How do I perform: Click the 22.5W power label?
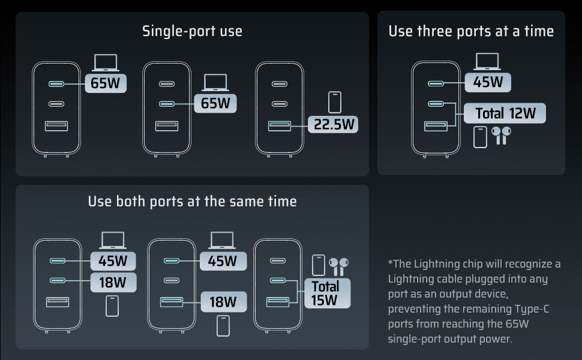point(333,124)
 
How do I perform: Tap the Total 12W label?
point(505,113)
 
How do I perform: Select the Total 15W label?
point(327,293)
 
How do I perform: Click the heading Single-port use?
point(192,31)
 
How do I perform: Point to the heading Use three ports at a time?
point(471,31)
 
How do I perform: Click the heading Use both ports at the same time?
point(192,202)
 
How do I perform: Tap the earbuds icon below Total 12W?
point(501,136)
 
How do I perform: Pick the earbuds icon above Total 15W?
point(338,267)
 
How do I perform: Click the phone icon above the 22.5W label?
point(335,102)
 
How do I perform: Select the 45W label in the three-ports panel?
point(488,82)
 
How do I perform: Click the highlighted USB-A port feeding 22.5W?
point(280,126)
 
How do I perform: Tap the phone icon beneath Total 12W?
point(480,137)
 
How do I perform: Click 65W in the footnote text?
point(517,323)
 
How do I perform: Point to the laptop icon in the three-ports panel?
point(487,62)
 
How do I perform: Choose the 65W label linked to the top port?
point(106,83)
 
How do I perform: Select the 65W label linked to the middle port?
point(215,103)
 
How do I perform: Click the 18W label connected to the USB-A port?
point(223,302)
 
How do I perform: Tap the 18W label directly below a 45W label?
point(113,283)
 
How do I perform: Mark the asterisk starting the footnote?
point(390,262)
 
